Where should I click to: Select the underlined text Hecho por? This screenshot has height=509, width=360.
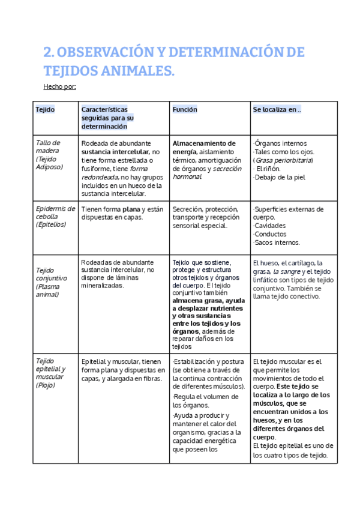[59, 86]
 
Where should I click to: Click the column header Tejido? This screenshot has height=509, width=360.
[45, 110]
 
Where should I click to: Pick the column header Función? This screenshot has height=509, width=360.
[185, 110]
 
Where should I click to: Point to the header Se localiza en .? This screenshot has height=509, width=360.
[277, 110]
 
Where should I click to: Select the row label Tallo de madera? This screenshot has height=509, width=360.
[48, 147]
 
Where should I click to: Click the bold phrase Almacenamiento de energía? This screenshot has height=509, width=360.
[204, 148]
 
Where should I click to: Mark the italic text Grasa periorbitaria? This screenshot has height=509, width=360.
[283, 160]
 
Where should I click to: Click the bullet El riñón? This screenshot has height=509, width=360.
[268, 169]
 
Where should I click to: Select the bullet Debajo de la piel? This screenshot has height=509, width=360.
[280, 177]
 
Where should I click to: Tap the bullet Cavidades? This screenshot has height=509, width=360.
[270, 226]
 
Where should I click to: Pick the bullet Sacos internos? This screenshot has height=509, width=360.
[277, 242]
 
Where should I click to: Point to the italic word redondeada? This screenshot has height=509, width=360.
[100, 177]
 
